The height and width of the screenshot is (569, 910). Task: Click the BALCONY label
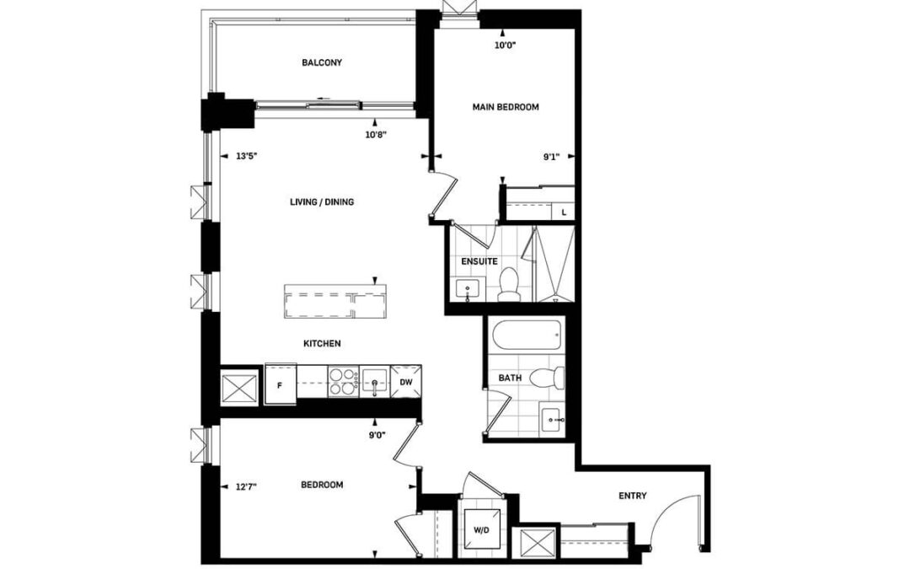pyautogui.click(x=322, y=62)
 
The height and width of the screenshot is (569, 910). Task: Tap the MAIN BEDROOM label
pyautogui.click(x=506, y=107)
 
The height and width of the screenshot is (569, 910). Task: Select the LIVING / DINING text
pyautogui.click(x=322, y=202)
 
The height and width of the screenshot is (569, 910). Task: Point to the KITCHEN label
pyautogui.click(x=322, y=344)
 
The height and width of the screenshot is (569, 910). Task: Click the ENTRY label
pyautogui.click(x=633, y=496)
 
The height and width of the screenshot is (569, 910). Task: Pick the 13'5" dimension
pyautogui.click(x=246, y=156)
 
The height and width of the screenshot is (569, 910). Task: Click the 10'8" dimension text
pyautogui.click(x=376, y=135)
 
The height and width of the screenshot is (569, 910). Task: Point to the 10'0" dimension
pyautogui.click(x=506, y=45)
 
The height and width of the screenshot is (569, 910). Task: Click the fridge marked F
pyautogui.click(x=281, y=384)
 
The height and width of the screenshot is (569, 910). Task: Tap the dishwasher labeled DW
pyautogui.click(x=406, y=382)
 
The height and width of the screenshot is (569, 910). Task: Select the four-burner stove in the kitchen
pyautogui.click(x=343, y=382)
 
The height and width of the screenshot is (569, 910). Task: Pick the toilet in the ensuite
pyautogui.click(x=510, y=285)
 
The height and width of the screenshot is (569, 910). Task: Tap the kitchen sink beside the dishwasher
pyautogui.click(x=375, y=382)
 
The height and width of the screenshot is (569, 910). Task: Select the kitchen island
pyautogui.click(x=335, y=301)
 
